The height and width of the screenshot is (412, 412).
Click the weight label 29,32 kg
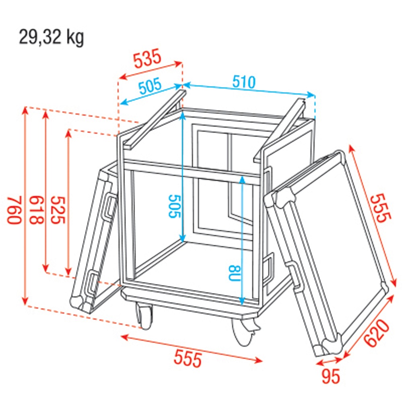51,38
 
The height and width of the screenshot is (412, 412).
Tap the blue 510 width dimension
244,82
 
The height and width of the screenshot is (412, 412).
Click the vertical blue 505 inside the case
175,206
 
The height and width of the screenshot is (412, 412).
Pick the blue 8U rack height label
235,273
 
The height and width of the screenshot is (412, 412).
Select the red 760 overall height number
14,210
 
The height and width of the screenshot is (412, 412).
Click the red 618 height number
36,210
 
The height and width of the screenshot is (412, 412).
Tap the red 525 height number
58,210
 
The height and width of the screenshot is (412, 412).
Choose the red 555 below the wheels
188,359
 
